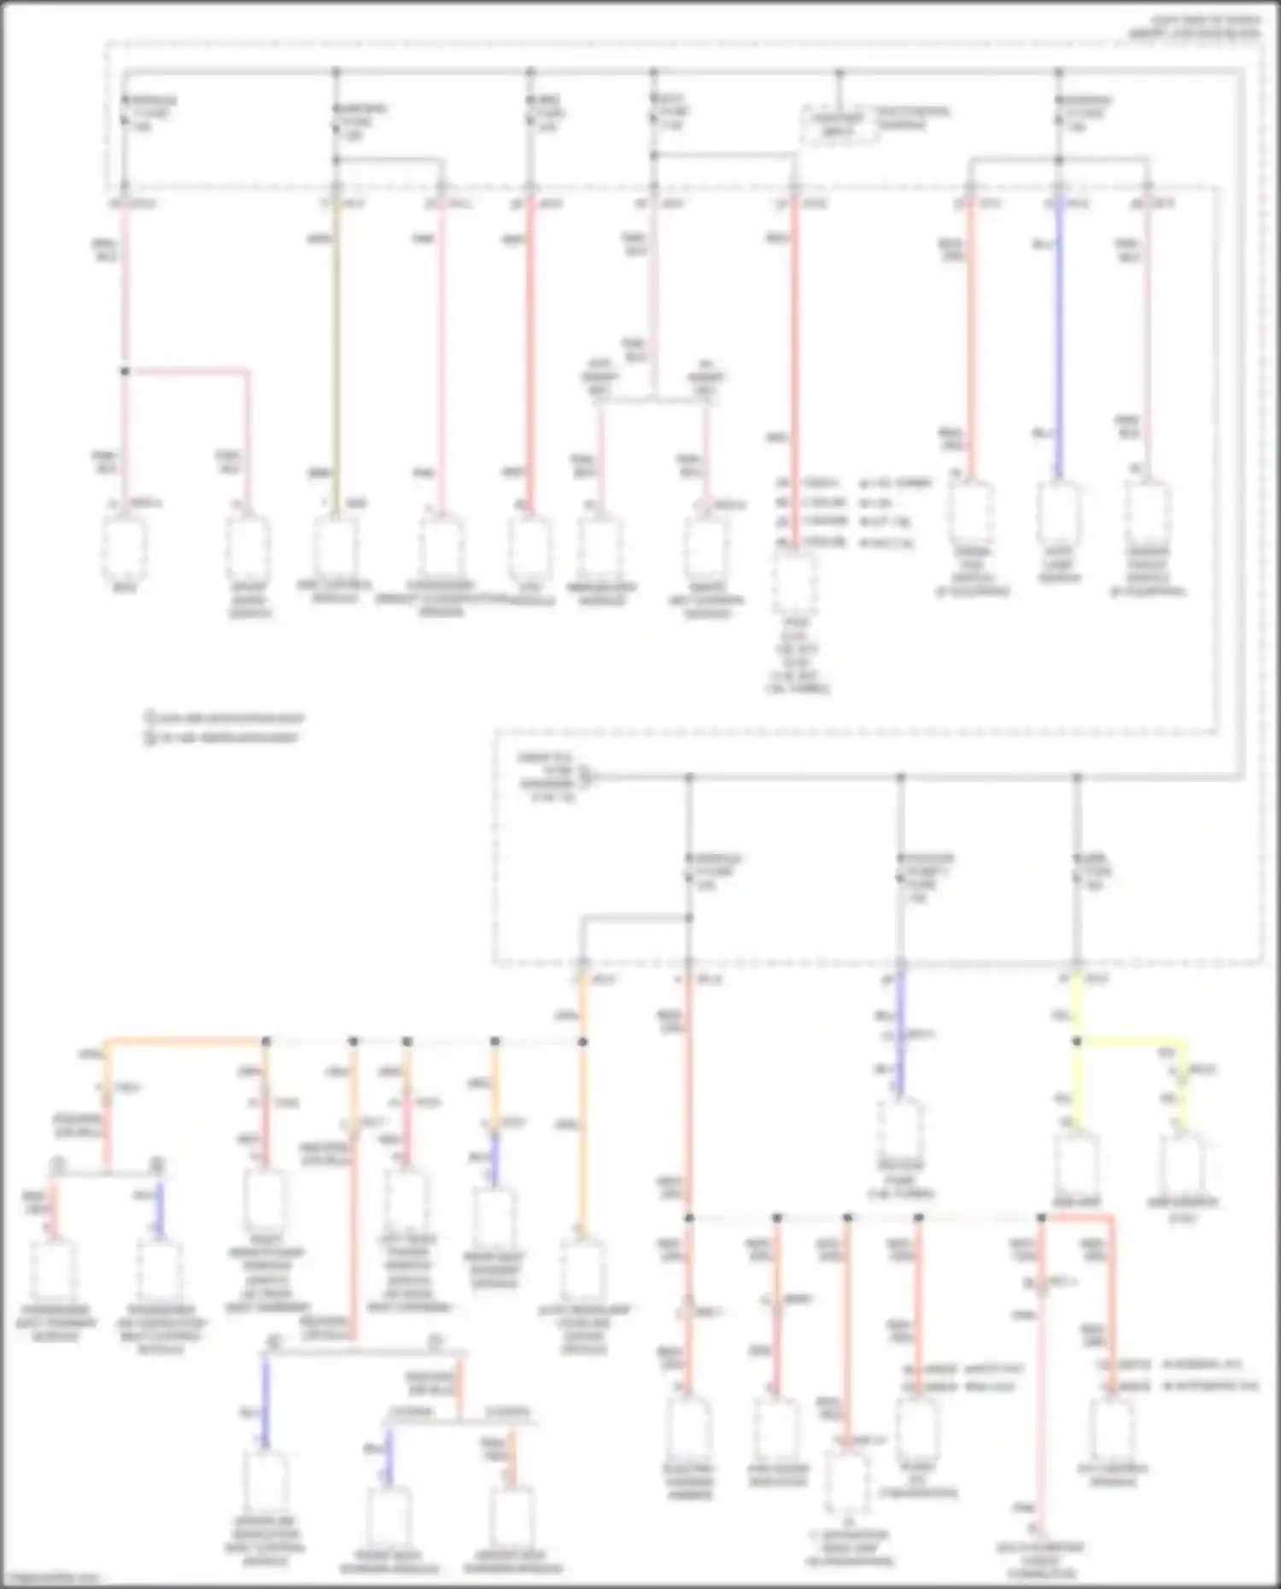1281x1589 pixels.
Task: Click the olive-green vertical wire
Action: (336, 359)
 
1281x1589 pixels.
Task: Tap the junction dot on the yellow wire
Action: (1077, 1042)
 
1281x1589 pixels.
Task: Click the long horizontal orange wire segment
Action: (184, 1041)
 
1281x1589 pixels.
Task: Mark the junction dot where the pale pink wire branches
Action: (125, 371)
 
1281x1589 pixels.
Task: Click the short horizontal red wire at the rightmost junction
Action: (1078, 1216)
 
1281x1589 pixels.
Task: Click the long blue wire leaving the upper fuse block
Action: (1059, 342)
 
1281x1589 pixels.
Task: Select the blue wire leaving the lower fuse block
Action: (899, 1033)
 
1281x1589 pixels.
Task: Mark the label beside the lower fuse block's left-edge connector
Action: (547, 777)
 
